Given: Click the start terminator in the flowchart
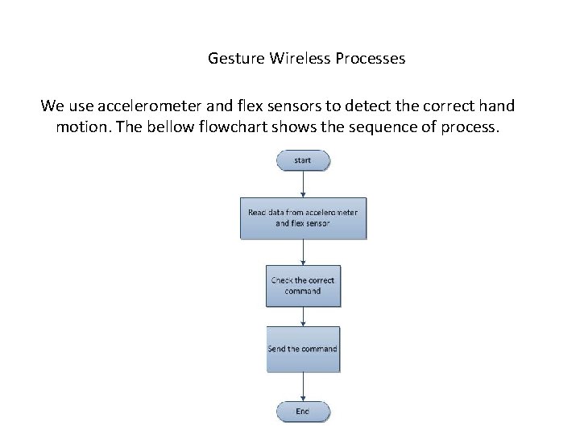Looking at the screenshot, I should (x=303, y=160).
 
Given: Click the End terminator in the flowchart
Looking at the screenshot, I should (x=303, y=412).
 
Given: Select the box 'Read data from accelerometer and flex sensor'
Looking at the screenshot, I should (x=303, y=217).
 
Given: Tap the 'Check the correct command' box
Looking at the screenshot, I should (x=303, y=285).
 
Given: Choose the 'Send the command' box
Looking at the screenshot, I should (x=303, y=349).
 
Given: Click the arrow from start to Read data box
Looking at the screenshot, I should (x=303, y=184).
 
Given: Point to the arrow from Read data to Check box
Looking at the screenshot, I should (x=303, y=252).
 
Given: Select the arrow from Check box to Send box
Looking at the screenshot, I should (x=303, y=317).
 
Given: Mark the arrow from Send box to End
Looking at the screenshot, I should (x=303, y=387).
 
